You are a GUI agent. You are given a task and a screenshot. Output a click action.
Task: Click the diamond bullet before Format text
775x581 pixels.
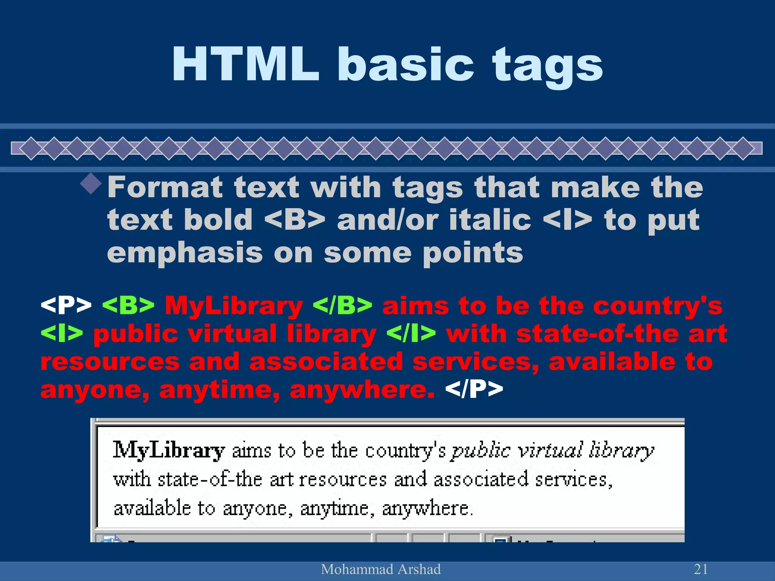tap(91, 184)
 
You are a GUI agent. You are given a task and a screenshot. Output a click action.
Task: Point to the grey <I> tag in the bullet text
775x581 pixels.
tap(567, 220)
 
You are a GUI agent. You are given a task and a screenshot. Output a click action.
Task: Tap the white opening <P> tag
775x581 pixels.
tap(66, 305)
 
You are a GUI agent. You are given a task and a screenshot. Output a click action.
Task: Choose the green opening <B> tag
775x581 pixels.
tap(128, 305)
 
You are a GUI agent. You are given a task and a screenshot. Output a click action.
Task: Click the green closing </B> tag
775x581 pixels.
tap(342, 305)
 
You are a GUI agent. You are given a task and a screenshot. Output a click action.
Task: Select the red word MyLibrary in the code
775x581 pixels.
tap(233, 306)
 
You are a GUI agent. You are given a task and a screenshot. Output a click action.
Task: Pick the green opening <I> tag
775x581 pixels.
tap(62, 333)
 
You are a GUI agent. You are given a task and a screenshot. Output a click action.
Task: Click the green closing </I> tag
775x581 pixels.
tap(411, 333)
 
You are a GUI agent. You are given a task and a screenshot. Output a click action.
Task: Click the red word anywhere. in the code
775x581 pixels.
tap(362, 390)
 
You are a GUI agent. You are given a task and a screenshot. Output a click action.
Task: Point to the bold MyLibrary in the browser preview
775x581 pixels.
tap(169, 451)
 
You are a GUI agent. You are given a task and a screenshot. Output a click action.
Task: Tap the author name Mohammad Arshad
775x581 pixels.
tap(381, 569)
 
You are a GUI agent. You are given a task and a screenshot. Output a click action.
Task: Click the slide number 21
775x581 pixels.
tap(701, 569)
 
